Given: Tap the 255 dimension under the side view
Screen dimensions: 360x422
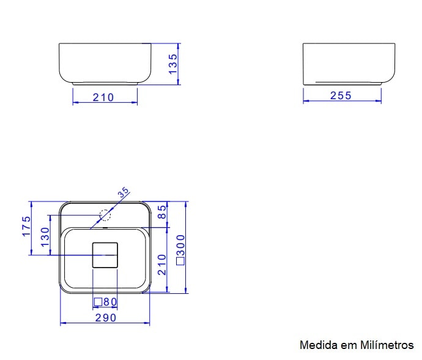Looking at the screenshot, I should pos(341,96).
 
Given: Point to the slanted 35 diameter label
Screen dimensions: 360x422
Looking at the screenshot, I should pos(123,193).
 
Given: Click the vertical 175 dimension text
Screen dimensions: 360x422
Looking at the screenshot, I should pos(26,227).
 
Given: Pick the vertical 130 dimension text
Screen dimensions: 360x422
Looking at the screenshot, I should pos(45,237).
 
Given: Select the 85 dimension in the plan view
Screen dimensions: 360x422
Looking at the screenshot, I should pos(162,212).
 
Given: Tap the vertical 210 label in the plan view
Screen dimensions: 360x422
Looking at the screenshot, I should pos(162,264).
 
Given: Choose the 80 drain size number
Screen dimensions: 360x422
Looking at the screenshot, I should pos(109,302).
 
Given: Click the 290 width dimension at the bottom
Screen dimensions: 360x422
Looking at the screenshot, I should pos(105,318).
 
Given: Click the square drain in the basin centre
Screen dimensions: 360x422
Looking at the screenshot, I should pos(105,255).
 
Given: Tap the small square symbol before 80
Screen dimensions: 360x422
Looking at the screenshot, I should pos(97,302).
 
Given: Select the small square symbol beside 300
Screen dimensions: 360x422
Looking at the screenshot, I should pos(180,261).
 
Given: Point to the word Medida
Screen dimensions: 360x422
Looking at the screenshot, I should pos(315,345).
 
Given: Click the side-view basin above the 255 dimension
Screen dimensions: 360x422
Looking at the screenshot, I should pos(349,63).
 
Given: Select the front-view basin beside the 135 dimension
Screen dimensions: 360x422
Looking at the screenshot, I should pos(105,62).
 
